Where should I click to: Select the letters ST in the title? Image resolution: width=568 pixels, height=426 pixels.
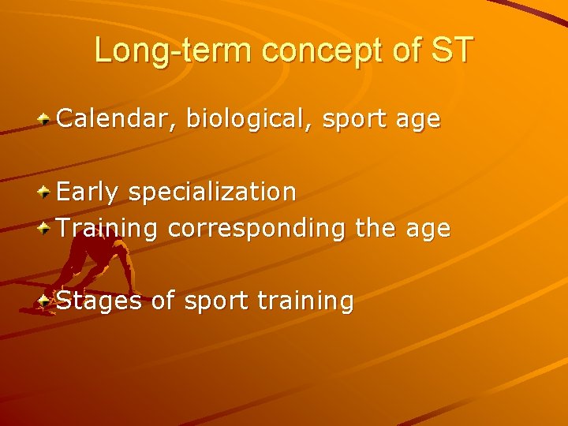coord(451,50)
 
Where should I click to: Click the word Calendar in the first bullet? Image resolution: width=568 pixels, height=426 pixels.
coord(117,120)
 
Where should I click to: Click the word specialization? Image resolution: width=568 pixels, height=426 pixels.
coord(212,192)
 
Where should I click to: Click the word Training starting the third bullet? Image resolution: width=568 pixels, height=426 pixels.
coord(108,229)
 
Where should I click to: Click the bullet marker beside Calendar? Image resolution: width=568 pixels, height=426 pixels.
coord(46,120)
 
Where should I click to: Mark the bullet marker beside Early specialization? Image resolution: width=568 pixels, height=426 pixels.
coord(46,192)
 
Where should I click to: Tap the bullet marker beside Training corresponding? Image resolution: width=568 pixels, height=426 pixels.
coord(46,229)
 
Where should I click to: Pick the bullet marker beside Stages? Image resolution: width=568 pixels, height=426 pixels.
coord(46,301)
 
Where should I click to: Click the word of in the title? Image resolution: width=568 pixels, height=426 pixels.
coord(405,50)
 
